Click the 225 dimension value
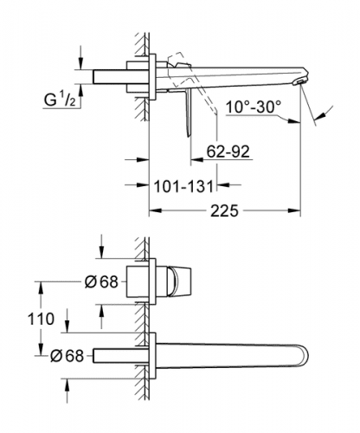pos(224,210)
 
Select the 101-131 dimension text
pos(183,186)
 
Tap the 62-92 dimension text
pos(228,151)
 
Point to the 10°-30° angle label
pos(254,107)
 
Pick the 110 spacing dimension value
pos(41,319)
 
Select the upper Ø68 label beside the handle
pos(101,281)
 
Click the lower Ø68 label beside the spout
pos(67,356)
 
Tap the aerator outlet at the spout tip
pos(299,83)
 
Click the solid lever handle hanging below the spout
pos(189,113)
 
